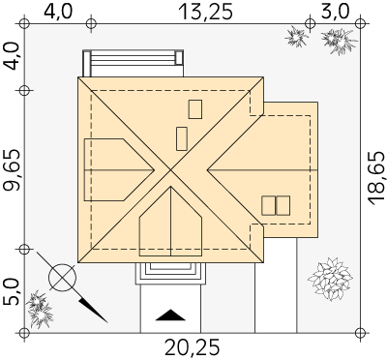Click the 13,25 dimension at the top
(x=205, y=13)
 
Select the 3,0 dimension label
(x=336, y=13)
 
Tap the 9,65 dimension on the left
(x=12, y=169)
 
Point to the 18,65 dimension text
(x=377, y=179)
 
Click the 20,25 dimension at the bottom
(x=193, y=348)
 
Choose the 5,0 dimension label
(x=12, y=292)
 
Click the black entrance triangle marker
(x=170, y=315)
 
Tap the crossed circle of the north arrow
(x=62, y=278)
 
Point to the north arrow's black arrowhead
(x=93, y=310)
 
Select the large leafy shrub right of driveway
(x=330, y=279)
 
